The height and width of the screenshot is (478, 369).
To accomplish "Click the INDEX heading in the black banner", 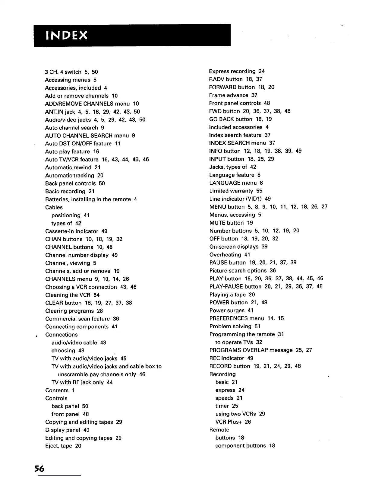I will coord(66,36).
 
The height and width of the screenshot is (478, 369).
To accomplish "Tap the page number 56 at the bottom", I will coord(39,469).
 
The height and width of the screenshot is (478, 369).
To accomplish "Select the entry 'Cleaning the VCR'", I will coord(68,295).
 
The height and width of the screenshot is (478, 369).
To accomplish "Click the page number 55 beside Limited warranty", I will coord(259,191).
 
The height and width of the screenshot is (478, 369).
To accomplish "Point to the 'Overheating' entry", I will coord(225,255).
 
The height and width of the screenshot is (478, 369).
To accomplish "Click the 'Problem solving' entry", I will coord(230,327).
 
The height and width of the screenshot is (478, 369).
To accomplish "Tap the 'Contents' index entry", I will coord(57,390).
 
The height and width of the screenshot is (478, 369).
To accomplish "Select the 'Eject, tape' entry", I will coord(58,446).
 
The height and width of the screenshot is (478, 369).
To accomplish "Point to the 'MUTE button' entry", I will coord(227,223).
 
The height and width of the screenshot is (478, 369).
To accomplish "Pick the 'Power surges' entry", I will coord(227,311).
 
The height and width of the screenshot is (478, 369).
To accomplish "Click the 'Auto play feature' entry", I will coord(68,152).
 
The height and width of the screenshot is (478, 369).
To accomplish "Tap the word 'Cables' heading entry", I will coord(54,208).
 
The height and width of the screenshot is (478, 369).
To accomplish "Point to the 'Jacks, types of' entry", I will coord(228,167).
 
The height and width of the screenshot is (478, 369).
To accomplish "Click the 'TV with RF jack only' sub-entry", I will coord(77,383).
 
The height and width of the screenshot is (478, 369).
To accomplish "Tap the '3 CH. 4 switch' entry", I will coord(63,72).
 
